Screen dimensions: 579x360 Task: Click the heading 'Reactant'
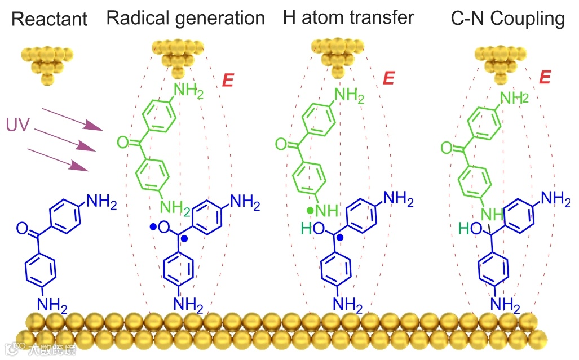click(49, 19)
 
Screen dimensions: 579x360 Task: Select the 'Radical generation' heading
click(185, 18)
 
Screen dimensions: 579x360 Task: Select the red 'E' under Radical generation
click(228, 80)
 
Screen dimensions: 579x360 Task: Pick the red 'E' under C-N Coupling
click(544, 78)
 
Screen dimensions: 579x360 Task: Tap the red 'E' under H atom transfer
click(388, 78)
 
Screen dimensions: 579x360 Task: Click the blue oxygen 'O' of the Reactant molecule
click(22, 228)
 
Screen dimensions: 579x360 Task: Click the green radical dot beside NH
click(310, 211)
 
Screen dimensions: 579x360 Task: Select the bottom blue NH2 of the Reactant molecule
click(52, 305)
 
